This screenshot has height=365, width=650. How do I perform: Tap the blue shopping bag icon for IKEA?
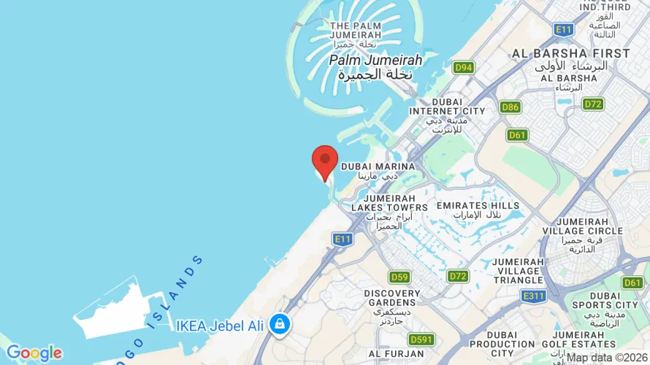coord(279,323)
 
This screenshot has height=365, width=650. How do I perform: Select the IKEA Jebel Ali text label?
coord(220,326)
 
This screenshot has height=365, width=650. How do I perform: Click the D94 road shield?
coord(463,68)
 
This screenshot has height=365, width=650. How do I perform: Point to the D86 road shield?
coord(511,107)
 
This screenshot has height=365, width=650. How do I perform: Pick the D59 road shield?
coord(399,277)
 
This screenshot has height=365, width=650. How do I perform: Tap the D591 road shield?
coord(421,339)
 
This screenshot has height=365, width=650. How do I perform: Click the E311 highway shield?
coord(534,296)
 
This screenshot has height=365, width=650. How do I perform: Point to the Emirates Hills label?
coord(478,210)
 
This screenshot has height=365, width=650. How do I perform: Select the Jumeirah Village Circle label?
coord(589,235)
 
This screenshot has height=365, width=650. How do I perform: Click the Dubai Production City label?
coord(502,349)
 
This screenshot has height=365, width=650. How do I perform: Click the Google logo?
coord(34,353)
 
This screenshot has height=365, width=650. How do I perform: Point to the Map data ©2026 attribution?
coord(607,358)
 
